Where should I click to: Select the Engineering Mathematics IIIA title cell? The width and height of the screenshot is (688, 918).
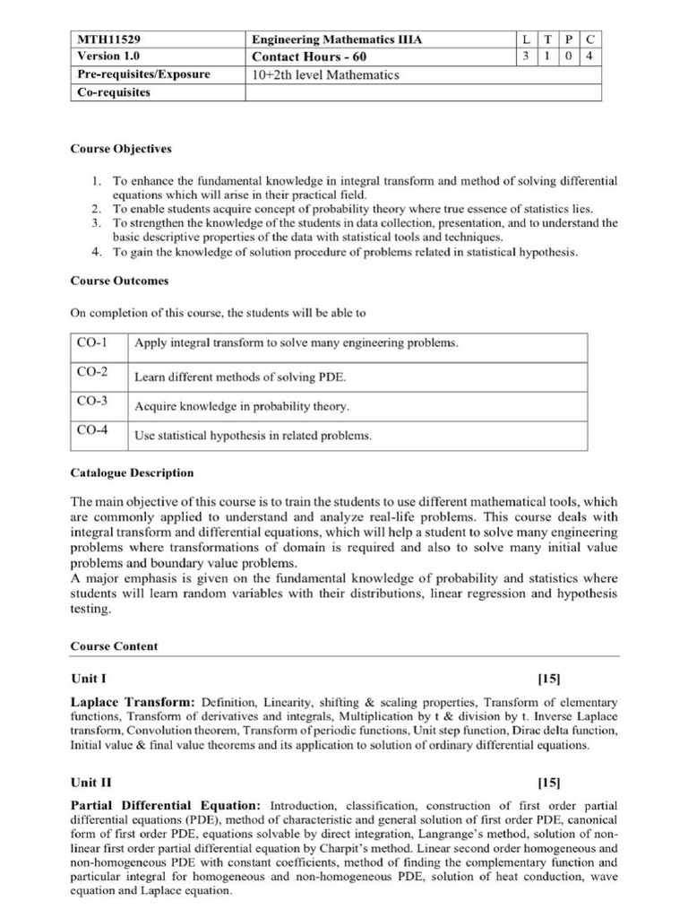pos(337,40)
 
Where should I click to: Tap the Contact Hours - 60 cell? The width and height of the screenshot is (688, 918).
pos(310,57)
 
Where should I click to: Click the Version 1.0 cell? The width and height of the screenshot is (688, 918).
pos(105,57)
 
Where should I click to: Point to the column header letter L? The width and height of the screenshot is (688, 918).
pos(525,40)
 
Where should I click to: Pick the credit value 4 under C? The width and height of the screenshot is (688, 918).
pos(589,57)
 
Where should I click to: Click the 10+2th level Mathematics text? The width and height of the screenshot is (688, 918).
pos(326,75)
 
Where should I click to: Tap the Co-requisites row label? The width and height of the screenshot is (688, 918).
pos(114,92)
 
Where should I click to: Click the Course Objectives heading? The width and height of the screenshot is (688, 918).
pos(121,149)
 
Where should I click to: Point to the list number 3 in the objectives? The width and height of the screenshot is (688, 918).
pos(97,222)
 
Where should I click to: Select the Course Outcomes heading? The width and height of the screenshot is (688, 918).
pos(119,281)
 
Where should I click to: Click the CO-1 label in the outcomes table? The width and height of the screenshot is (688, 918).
pos(92,343)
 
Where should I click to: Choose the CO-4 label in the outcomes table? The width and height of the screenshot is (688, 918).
pos(92,430)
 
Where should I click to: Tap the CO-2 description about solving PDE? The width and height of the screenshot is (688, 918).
pos(240,377)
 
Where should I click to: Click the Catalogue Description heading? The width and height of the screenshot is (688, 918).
pos(132,472)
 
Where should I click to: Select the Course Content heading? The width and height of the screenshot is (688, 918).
pos(114,645)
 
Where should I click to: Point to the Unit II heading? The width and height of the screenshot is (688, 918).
pos(92,782)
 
